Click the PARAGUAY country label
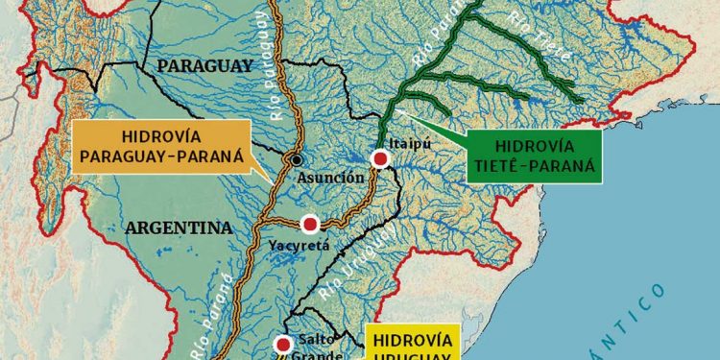[204, 65]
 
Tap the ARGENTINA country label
[178, 228]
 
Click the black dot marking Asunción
[298, 159]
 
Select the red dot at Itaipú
[380, 158]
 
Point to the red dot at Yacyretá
[309, 225]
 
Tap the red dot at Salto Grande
[283, 344]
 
